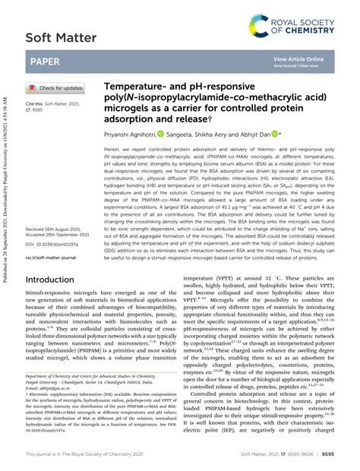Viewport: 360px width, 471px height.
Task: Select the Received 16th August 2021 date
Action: coord(58,207)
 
